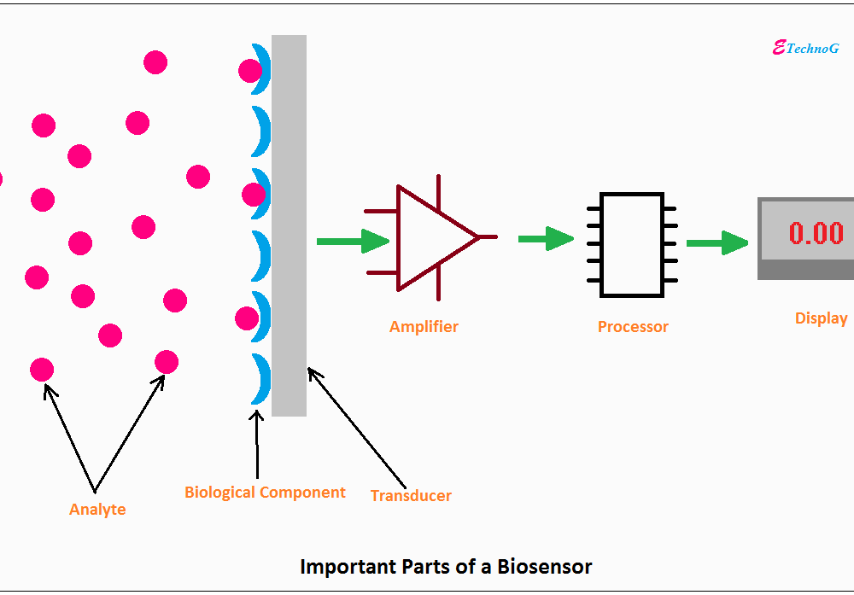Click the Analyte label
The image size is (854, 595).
(97, 510)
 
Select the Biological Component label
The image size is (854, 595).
(265, 493)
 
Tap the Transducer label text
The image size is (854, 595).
(412, 496)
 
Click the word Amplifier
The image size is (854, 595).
(424, 327)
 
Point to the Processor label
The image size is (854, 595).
(633, 327)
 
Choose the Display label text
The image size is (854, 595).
(822, 318)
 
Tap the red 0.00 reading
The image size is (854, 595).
(816, 233)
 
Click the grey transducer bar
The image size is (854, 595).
(289, 226)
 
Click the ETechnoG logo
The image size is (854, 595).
(805, 49)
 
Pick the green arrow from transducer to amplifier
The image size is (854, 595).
(353, 241)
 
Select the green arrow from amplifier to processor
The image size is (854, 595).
(546, 238)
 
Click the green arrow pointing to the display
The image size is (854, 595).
(717, 242)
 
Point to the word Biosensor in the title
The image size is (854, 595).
(544, 567)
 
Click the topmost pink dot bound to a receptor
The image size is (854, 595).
(250, 71)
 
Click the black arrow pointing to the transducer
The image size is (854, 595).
(357, 428)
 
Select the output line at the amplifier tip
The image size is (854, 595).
(488, 236)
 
